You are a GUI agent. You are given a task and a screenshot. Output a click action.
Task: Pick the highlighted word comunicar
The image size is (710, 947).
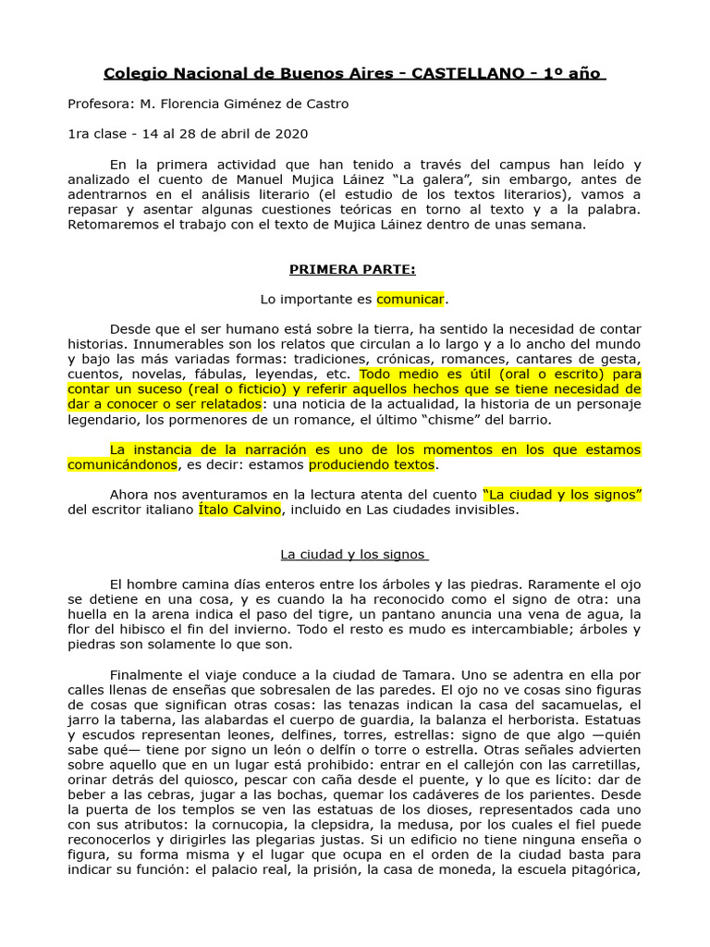tap(410, 300)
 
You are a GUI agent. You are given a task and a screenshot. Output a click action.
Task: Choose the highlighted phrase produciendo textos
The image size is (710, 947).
tap(371, 464)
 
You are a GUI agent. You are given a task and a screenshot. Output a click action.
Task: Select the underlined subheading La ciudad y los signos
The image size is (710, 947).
tap(354, 554)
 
